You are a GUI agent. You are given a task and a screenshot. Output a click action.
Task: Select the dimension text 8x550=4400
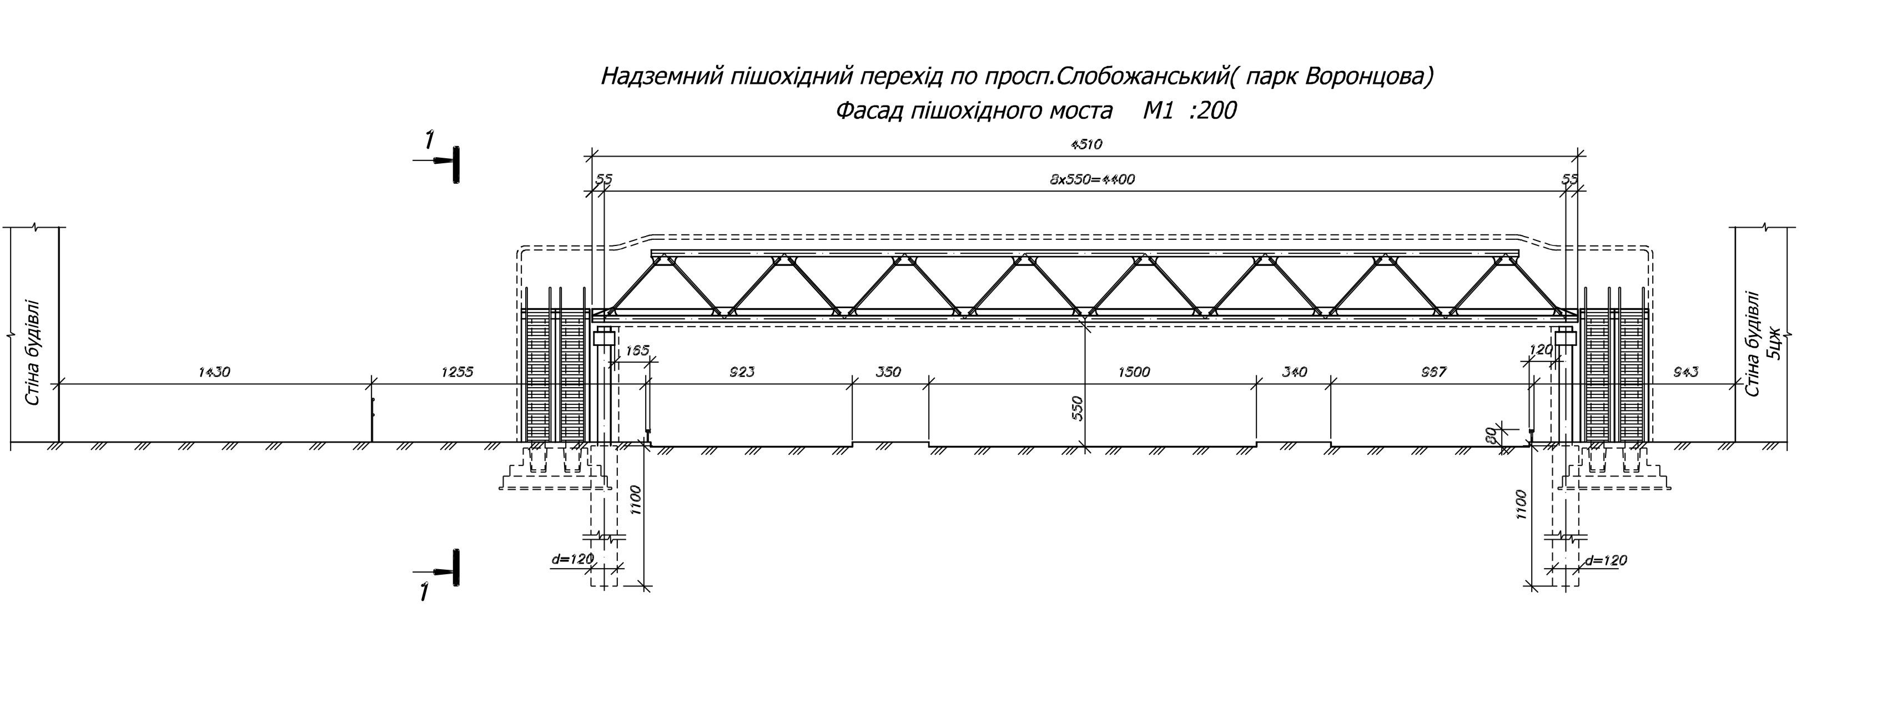(1092, 179)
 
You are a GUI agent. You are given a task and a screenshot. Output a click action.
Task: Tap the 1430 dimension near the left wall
(214, 373)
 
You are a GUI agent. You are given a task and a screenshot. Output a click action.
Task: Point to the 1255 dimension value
(456, 373)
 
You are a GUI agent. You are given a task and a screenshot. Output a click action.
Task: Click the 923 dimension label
(742, 373)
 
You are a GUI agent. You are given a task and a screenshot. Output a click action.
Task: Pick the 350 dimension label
(888, 373)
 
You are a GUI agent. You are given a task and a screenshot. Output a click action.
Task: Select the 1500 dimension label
(1133, 373)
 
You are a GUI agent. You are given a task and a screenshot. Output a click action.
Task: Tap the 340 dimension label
(1294, 373)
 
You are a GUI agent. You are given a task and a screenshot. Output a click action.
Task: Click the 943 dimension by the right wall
(1685, 373)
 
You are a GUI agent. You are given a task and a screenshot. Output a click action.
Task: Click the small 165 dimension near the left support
(636, 351)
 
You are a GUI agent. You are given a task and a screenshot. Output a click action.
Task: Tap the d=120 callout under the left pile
(571, 560)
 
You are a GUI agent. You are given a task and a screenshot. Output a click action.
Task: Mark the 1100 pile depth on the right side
(1521, 505)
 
